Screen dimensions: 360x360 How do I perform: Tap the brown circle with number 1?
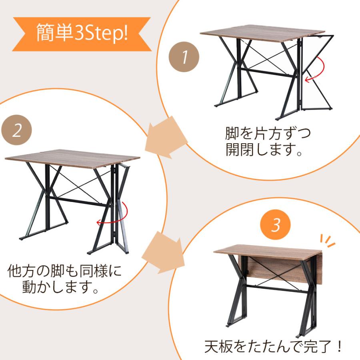183,57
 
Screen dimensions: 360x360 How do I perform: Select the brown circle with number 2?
16,131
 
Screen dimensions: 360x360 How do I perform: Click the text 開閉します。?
264,150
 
